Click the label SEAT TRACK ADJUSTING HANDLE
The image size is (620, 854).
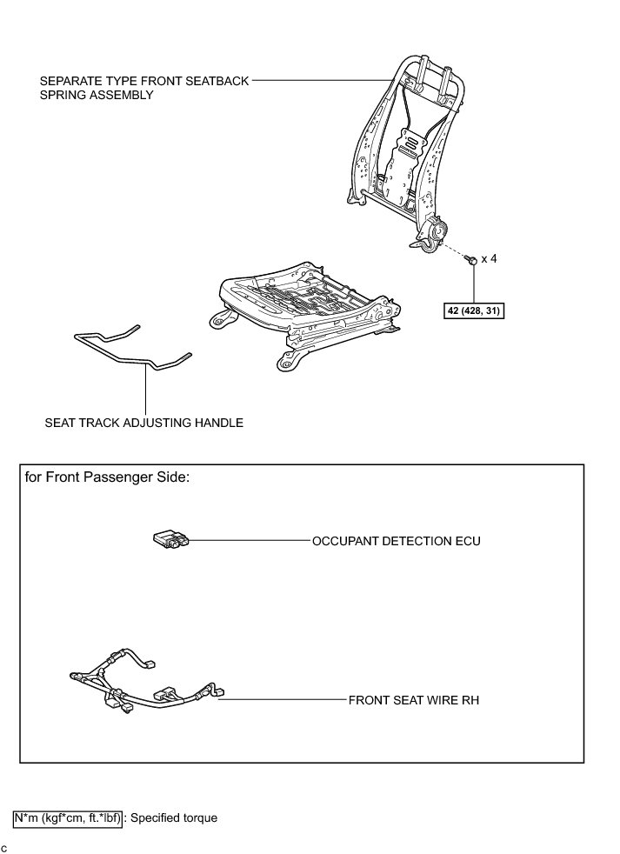click(143, 424)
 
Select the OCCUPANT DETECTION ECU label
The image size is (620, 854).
click(396, 541)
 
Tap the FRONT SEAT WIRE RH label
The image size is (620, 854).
click(414, 698)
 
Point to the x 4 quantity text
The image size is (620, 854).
click(490, 259)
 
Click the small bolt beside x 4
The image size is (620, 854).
click(470, 259)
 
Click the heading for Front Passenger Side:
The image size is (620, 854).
click(107, 477)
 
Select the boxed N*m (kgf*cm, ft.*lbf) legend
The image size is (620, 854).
click(68, 817)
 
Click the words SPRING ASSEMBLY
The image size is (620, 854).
click(97, 95)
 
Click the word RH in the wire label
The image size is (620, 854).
click(470, 698)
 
